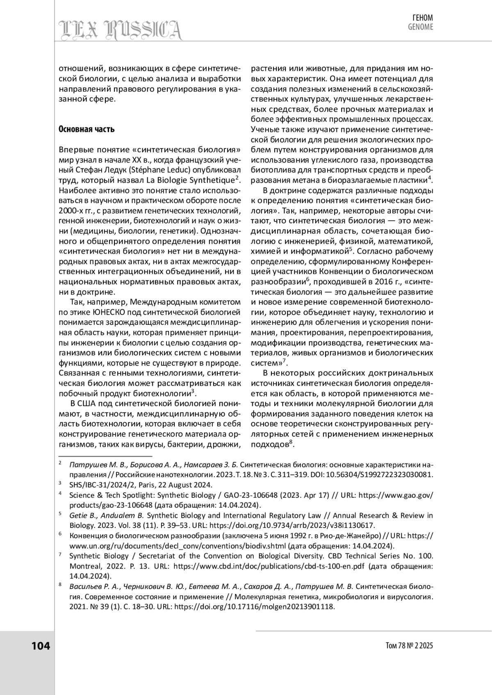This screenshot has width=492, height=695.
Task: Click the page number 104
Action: [41, 646]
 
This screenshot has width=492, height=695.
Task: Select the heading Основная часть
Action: [87, 129]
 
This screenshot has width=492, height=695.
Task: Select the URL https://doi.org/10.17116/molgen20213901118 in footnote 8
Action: [255, 607]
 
